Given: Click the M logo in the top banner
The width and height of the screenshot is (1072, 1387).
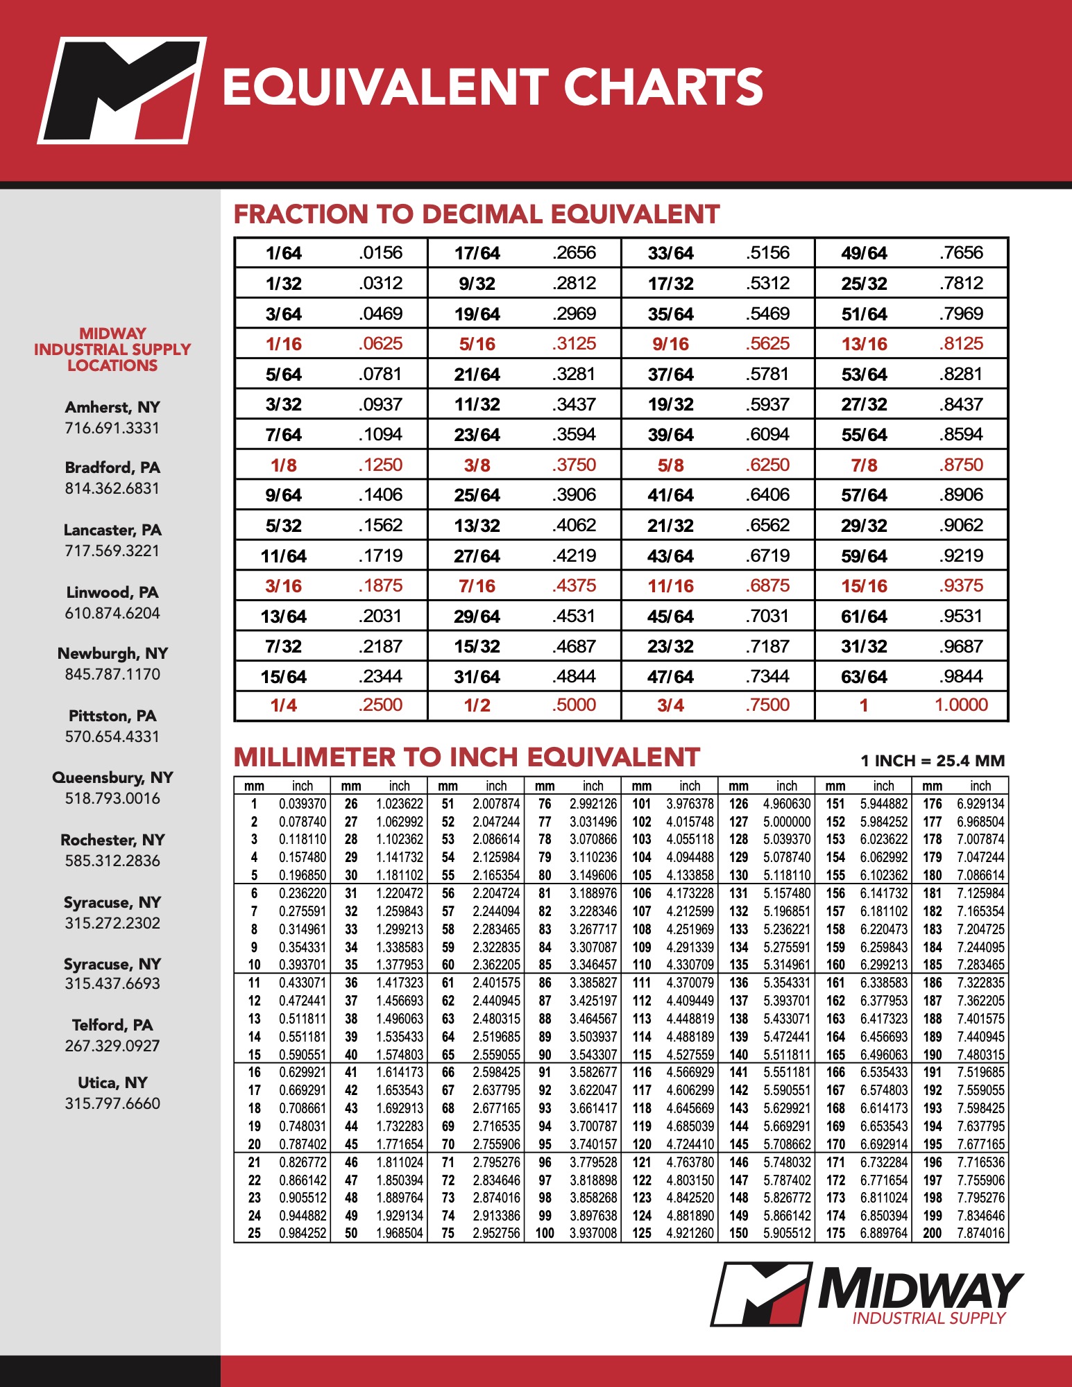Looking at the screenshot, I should click(x=122, y=90).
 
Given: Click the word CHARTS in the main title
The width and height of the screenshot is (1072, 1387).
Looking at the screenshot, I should click(x=663, y=87).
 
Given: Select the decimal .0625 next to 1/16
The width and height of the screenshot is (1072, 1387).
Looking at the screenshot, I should click(x=381, y=344).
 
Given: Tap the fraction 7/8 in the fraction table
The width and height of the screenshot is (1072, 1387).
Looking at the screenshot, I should click(x=864, y=465).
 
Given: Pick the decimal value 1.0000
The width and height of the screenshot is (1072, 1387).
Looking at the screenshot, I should click(x=961, y=705).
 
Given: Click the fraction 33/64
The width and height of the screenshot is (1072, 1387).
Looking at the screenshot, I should click(x=670, y=253).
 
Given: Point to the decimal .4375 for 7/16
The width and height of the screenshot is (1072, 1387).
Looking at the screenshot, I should click(x=575, y=586).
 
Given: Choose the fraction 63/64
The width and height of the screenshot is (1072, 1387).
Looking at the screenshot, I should click(x=864, y=677).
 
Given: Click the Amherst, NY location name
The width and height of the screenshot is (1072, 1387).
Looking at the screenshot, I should click(x=112, y=407).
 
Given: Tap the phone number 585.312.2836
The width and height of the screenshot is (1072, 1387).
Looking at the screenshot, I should click(x=112, y=861).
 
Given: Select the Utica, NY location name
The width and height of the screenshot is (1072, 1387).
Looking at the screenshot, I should click(x=112, y=1083).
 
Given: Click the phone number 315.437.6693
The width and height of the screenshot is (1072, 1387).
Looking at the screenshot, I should click(x=112, y=983).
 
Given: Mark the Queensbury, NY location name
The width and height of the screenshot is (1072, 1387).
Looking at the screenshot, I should click(x=112, y=777).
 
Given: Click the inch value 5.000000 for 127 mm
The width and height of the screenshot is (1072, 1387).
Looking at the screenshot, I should click(x=787, y=822).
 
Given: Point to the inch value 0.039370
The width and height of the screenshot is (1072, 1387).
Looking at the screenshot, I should click(x=303, y=804).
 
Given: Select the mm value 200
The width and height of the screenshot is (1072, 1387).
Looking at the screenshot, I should click(x=932, y=1233).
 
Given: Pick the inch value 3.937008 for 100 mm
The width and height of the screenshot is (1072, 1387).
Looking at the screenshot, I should click(x=593, y=1233).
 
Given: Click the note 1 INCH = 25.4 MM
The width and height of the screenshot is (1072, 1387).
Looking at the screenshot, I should click(x=933, y=761).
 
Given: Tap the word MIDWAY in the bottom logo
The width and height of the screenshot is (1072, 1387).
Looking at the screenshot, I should click(x=919, y=1289).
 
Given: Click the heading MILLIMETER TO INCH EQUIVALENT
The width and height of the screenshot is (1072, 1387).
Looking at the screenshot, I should click(x=466, y=757).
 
